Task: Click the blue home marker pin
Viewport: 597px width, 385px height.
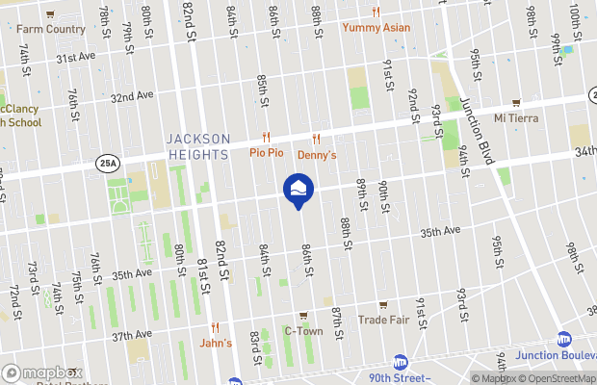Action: tap(298, 190)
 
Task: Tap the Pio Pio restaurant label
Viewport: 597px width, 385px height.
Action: tap(266, 152)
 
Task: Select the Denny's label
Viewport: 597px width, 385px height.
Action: tap(316, 154)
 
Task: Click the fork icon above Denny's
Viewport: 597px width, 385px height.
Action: tap(316, 139)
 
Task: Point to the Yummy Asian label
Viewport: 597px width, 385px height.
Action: tap(376, 27)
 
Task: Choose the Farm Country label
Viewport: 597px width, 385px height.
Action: tap(50, 29)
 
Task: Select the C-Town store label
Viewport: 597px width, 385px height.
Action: tap(302, 331)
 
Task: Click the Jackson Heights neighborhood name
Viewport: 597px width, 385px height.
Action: tap(197, 145)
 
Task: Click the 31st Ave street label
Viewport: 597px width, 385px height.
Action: tap(76, 58)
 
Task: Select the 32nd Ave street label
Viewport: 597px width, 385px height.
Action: tap(132, 96)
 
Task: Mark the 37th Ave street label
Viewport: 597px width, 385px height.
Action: tap(132, 336)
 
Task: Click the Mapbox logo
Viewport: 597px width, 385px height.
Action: tap(41, 372)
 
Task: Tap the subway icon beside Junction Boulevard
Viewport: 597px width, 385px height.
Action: tap(565, 339)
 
